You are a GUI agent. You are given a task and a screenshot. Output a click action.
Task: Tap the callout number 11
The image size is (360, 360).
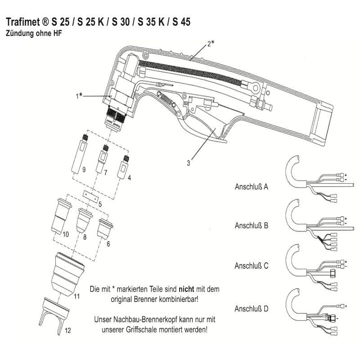click(x=76, y=297)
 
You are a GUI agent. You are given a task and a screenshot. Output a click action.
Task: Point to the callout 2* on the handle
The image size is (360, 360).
click(x=211, y=44)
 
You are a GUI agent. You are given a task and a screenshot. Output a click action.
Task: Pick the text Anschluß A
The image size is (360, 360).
click(x=252, y=185)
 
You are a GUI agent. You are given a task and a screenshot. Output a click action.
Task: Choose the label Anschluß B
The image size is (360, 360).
click(x=252, y=225)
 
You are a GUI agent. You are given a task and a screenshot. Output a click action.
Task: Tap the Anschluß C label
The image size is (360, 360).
click(x=252, y=265)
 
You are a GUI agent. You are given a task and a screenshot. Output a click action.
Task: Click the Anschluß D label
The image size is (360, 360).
click(x=252, y=309)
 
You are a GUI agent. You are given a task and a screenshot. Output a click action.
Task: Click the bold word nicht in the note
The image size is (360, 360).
click(x=184, y=288)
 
